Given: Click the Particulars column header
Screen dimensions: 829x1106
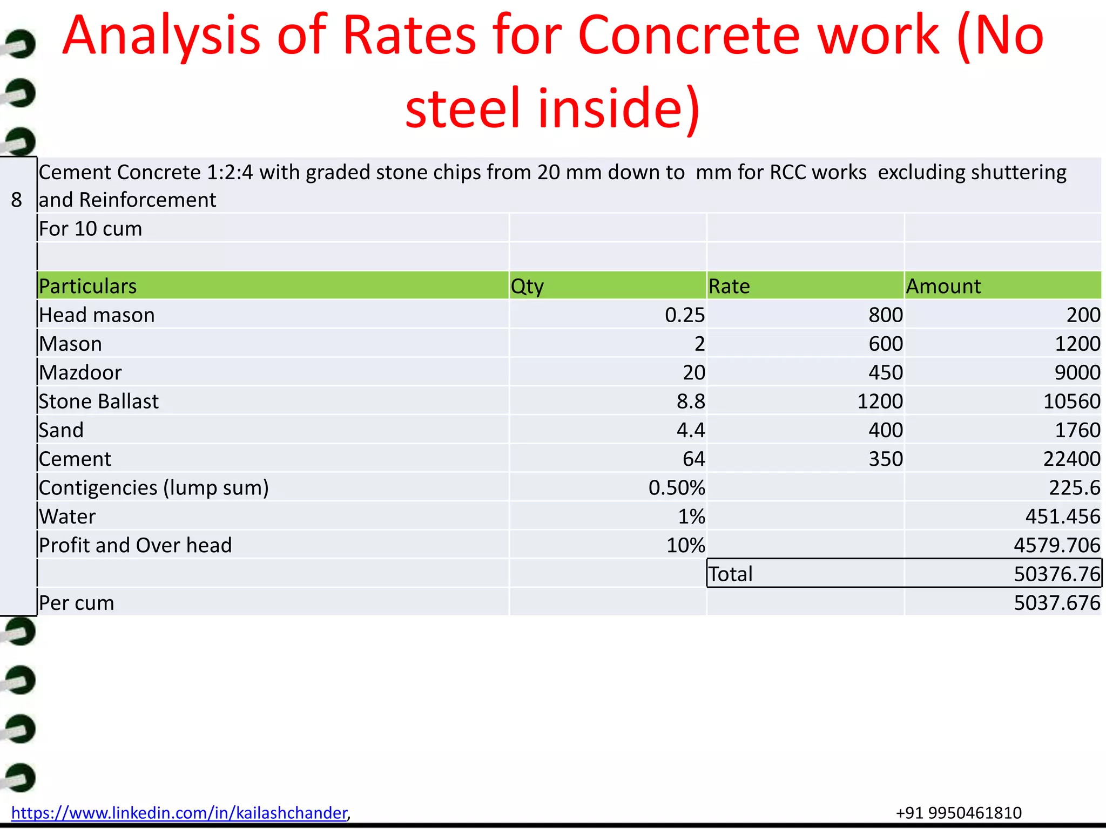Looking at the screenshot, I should [88, 286].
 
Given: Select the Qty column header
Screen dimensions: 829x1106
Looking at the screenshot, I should [527, 286].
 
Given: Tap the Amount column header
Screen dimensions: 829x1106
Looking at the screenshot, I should [943, 286].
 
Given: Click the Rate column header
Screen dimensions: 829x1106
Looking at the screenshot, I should [729, 286].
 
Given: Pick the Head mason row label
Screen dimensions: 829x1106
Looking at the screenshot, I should [97, 315].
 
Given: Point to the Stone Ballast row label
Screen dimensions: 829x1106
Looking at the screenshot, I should [99, 402].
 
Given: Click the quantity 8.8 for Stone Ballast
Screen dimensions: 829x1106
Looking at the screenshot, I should [691, 402].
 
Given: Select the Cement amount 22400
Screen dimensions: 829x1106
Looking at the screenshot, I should [1071, 459].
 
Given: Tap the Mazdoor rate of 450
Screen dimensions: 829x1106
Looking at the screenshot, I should [886, 373].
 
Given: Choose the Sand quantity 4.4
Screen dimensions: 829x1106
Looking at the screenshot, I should [691, 431].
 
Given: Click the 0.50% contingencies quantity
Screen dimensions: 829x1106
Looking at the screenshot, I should [677, 488].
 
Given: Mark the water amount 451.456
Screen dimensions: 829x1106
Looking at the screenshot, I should [1062, 517].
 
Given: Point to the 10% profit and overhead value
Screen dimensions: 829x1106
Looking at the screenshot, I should [685, 546].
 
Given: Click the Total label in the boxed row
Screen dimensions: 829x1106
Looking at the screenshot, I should [731, 574].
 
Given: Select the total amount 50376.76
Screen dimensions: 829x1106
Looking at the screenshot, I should [1056, 574].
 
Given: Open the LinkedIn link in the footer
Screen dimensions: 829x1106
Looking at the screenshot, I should [179, 813].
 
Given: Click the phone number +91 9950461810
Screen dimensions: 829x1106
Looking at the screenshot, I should [959, 813].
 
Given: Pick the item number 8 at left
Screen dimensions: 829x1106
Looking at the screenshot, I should [17, 200].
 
